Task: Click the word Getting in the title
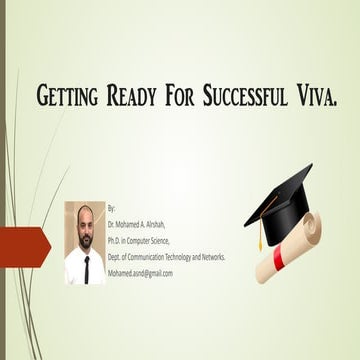(69, 97)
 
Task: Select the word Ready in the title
(138, 97)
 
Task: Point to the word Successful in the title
(252, 97)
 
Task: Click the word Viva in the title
(320, 97)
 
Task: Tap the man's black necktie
(85, 268)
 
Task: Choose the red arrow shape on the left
(24, 247)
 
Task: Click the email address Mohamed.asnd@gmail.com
(140, 273)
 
